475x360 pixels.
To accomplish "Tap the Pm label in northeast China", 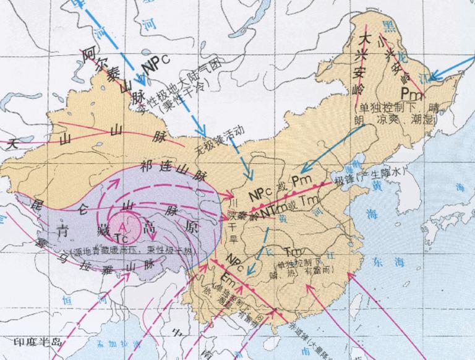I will pyautogui.click(x=411, y=93).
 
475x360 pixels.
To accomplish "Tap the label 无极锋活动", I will pyautogui.click(x=219, y=139).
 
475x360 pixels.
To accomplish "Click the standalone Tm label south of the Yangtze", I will pyautogui.click(x=293, y=251).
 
